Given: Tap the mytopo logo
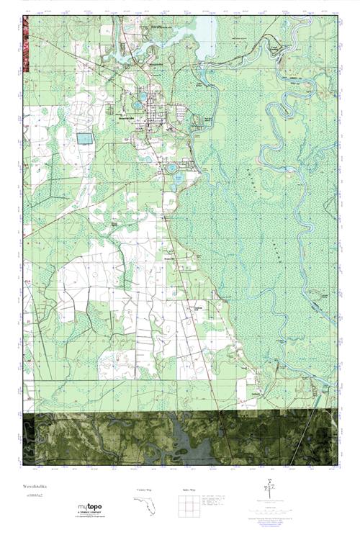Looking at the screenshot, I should click(x=90, y=508).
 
